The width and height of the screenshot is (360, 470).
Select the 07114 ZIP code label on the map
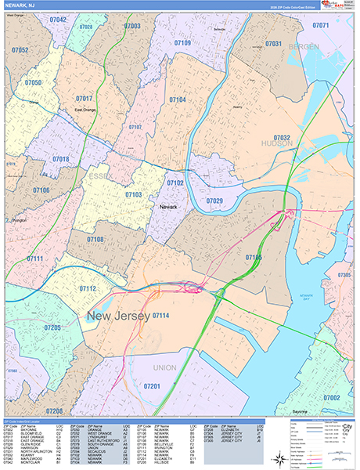[162, 316]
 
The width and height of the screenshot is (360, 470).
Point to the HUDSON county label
[277, 144]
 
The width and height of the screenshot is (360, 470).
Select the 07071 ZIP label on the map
[320, 26]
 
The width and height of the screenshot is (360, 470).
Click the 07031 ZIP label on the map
[272, 44]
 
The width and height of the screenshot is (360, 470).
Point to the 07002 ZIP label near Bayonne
[331, 397]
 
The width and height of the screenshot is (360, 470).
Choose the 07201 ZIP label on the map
[152, 386]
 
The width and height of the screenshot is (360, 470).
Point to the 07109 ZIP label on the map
[182, 43]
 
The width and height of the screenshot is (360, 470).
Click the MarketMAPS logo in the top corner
[341, 7]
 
